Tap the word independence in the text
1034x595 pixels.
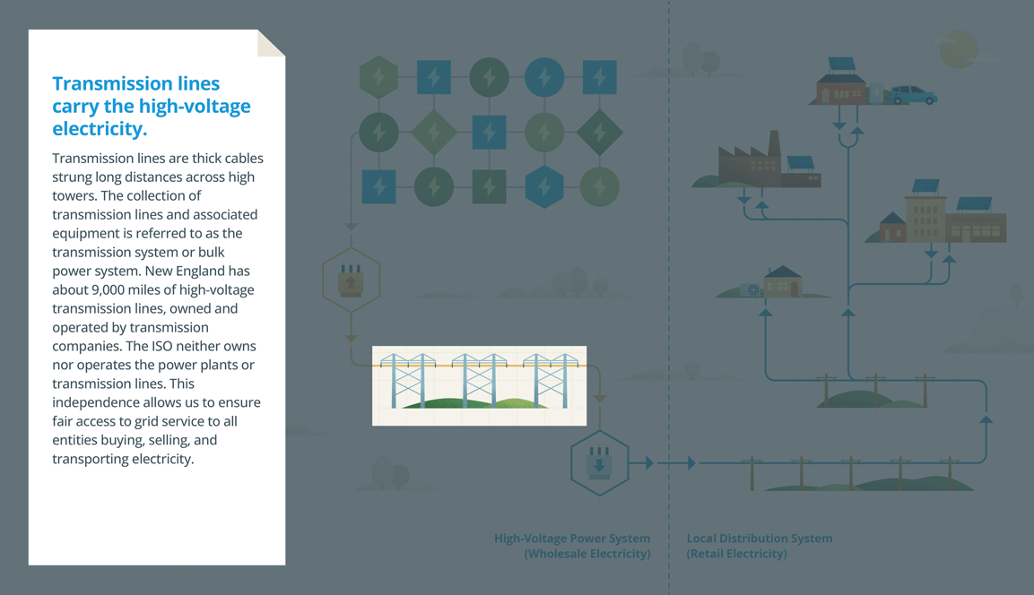(99, 402)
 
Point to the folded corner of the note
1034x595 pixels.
(271, 43)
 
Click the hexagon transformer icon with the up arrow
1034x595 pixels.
(351, 280)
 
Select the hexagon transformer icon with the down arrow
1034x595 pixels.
(599, 463)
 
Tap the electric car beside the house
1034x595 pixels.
(912, 94)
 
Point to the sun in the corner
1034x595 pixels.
(958, 49)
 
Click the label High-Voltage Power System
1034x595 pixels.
(572, 539)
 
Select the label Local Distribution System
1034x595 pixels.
(760, 539)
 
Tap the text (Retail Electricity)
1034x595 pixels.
(737, 554)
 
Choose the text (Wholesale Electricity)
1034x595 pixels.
(587, 554)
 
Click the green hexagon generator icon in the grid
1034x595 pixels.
(378, 78)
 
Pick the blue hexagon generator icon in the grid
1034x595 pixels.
(544, 187)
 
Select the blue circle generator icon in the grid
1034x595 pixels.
(544, 78)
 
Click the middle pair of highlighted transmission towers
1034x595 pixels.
(479, 381)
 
